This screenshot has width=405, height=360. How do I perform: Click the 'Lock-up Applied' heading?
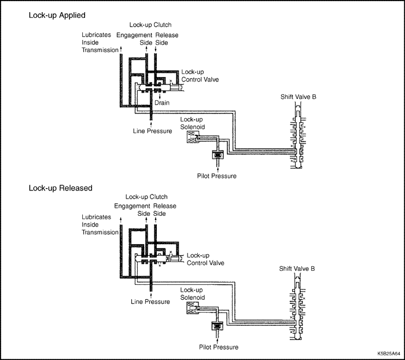tap(56, 16)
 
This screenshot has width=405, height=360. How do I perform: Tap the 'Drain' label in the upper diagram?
tap(162, 103)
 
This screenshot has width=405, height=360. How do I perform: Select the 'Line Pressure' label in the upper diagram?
tap(152, 131)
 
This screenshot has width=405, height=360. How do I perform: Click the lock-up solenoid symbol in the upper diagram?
tap(191, 137)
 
